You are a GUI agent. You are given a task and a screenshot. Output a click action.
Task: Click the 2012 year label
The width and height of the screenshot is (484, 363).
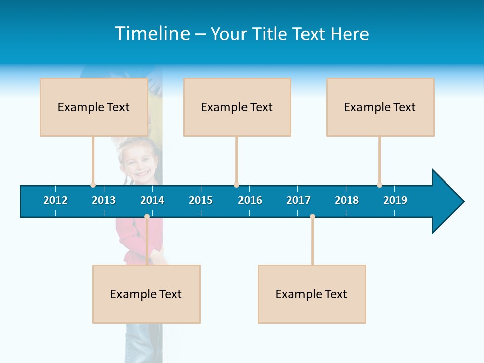pos(55,200)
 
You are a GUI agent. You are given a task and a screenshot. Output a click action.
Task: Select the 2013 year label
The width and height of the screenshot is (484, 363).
pos(104,200)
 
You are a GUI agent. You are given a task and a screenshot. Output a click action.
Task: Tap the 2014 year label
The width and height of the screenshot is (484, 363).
pos(152,200)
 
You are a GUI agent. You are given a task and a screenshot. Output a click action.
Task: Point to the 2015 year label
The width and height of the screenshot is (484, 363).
pos(201,200)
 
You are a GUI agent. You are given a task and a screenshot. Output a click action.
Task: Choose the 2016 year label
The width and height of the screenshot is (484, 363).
pos(250,200)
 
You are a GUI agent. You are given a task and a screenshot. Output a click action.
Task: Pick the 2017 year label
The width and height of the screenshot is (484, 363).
pos(298,200)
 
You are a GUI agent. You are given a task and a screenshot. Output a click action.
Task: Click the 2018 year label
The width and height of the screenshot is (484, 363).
pos(347,200)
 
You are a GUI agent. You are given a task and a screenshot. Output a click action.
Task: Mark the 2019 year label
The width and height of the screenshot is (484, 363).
pos(395,200)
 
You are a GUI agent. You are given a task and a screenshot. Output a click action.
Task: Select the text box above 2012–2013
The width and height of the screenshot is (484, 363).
pos(94,107)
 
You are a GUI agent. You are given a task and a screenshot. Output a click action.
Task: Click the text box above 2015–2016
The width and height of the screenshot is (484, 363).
pos(237,107)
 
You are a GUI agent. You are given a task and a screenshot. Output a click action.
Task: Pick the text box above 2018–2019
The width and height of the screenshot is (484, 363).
pos(380,107)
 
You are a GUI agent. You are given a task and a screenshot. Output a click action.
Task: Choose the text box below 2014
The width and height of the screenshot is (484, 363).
pos(146,294)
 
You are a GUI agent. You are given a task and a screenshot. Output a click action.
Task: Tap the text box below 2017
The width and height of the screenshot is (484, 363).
pos(312,294)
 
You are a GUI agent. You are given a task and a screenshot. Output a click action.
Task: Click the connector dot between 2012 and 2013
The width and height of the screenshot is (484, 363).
pos(93,185)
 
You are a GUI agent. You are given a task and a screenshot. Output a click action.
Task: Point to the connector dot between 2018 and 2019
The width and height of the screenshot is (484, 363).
pos(379,185)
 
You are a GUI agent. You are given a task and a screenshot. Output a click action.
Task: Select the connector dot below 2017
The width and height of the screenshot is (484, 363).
pos(312,217)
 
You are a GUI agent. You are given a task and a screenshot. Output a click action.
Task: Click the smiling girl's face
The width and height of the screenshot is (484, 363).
pos(137,164)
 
